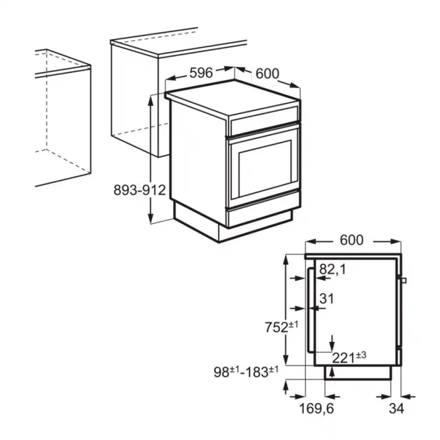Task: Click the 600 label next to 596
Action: pos(267,73)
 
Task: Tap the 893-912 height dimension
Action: pos(140,190)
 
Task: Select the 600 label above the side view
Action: pos(352,240)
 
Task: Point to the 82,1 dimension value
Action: pos(332,269)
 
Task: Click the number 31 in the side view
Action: pos(326,299)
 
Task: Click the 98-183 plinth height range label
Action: pos(246,372)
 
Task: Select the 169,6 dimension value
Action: pos(316,409)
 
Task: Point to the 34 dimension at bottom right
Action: pos(396,409)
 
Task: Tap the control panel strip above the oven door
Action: pos(264,120)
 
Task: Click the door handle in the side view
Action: pos(310,311)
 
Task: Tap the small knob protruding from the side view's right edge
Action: pos(404,280)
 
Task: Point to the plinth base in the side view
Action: pos(357,372)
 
